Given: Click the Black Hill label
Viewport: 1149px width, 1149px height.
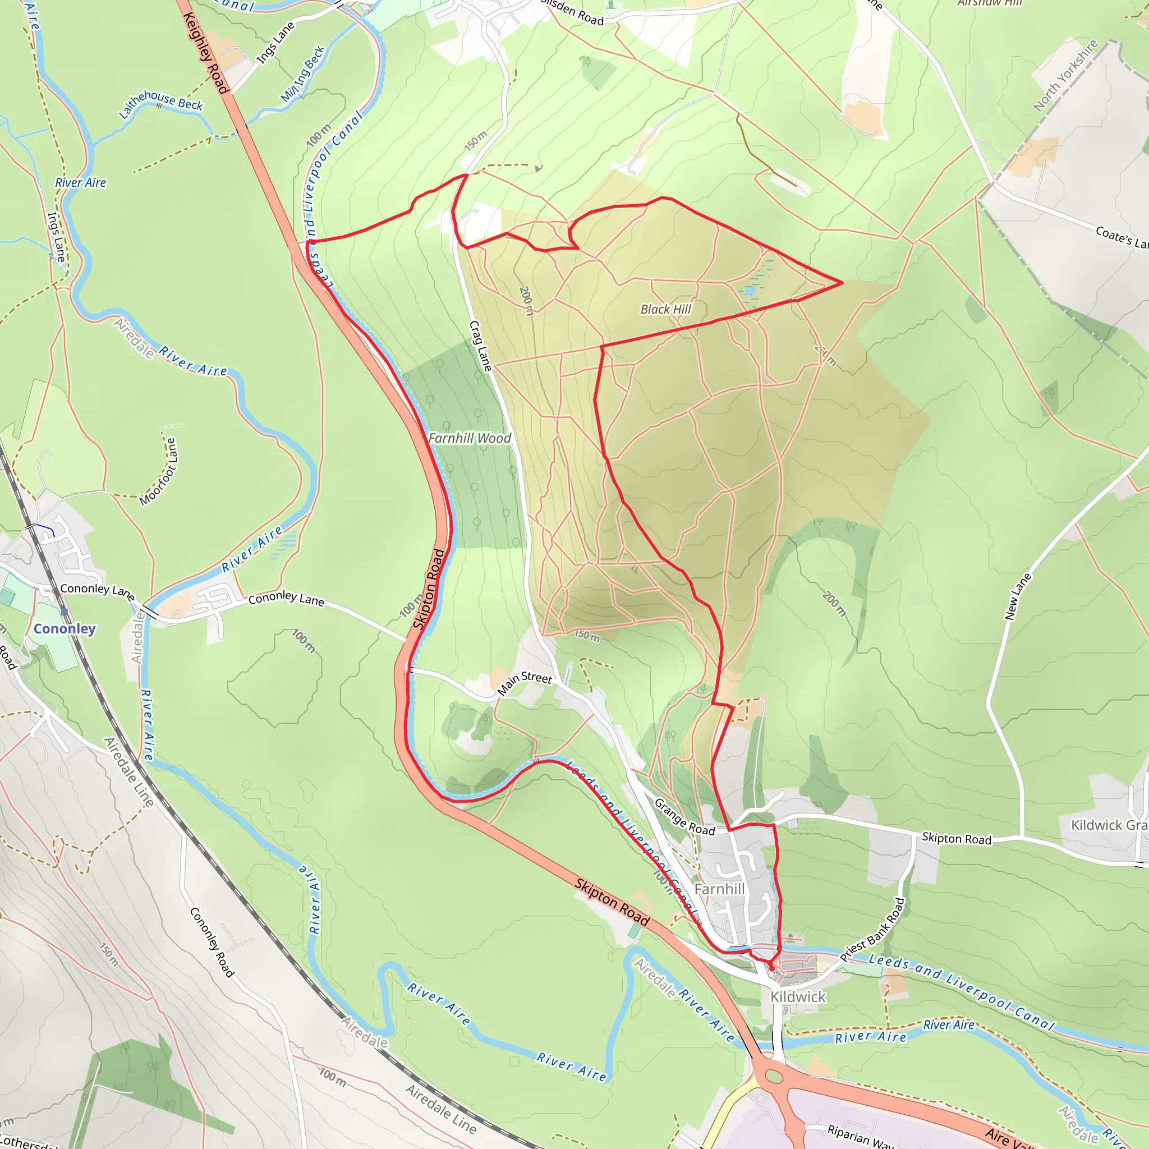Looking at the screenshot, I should pyautogui.click(x=665, y=309).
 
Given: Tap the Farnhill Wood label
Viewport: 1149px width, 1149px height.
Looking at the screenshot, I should pyautogui.click(x=470, y=438).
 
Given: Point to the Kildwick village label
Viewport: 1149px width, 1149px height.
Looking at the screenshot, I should pyautogui.click(x=798, y=997).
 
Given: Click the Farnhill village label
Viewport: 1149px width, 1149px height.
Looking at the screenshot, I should pyautogui.click(x=719, y=889).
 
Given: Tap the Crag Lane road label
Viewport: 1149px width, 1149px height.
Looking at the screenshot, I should pyautogui.click(x=481, y=346).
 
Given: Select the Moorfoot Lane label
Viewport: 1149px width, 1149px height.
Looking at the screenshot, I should pyautogui.click(x=158, y=472).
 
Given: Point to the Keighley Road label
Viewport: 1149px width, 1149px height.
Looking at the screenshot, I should pyautogui.click(x=206, y=53).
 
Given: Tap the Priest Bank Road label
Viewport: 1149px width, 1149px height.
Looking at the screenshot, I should pyautogui.click(x=872, y=930).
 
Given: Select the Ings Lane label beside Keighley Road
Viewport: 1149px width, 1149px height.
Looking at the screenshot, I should pyautogui.click(x=275, y=43).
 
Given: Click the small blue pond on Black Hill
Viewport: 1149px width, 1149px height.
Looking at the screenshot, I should pyautogui.click(x=749, y=291).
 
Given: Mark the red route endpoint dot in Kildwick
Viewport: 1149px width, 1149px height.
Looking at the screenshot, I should pyautogui.click(x=772, y=969).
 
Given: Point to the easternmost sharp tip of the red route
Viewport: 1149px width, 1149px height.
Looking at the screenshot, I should pyautogui.click(x=842, y=283).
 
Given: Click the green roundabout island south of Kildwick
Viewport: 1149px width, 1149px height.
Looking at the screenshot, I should pyautogui.click(x=774, y=1077).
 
